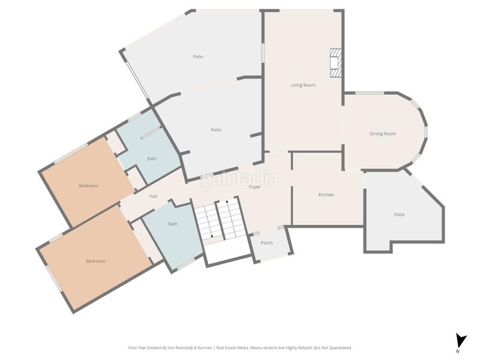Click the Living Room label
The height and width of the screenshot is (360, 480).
[303, 85]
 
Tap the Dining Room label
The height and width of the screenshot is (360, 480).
[383, 134]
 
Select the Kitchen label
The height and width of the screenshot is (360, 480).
[326, 194]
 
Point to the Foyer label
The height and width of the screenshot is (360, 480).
[254, 187]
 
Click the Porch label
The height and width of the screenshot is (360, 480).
[266, 243]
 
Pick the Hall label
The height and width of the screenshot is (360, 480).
[154, 196]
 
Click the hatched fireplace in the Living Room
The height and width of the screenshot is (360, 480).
[335, 63]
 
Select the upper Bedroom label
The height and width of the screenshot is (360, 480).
[88, 186]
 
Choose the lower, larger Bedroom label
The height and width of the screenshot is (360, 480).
[95, 261]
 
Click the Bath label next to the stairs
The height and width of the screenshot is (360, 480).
[173, 224]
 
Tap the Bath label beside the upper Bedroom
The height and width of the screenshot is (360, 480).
[152, 158]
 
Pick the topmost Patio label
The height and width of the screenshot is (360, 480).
[198, 56]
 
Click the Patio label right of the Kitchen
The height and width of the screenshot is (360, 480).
[399, 215]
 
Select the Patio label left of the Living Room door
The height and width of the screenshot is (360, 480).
[216, 130]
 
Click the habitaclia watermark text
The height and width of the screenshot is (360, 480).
[239, 179]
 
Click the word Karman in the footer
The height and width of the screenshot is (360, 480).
[205, 348]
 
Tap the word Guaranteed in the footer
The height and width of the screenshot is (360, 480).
[341, 348]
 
